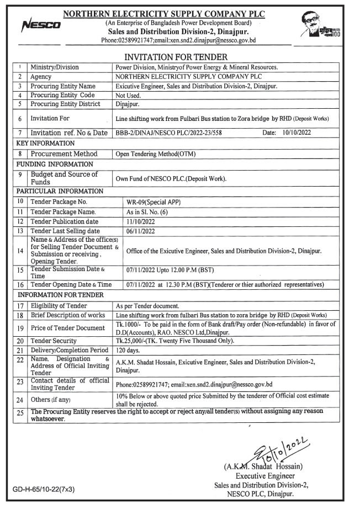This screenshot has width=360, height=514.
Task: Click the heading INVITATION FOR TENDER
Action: click(x=180, y=57)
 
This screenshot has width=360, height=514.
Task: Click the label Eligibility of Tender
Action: click(x=59, y=305)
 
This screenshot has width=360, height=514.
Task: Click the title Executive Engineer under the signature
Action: click(x=265, y=476)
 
